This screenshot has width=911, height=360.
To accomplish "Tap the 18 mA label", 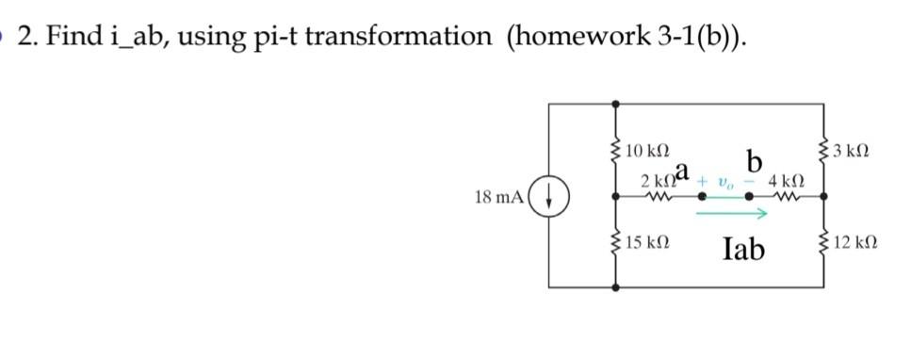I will [502, 198].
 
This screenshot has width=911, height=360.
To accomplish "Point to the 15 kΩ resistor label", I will [646, 243].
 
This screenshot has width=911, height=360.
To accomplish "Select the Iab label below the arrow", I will [744, 249].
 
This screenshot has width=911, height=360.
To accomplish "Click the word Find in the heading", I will [69, 36].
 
